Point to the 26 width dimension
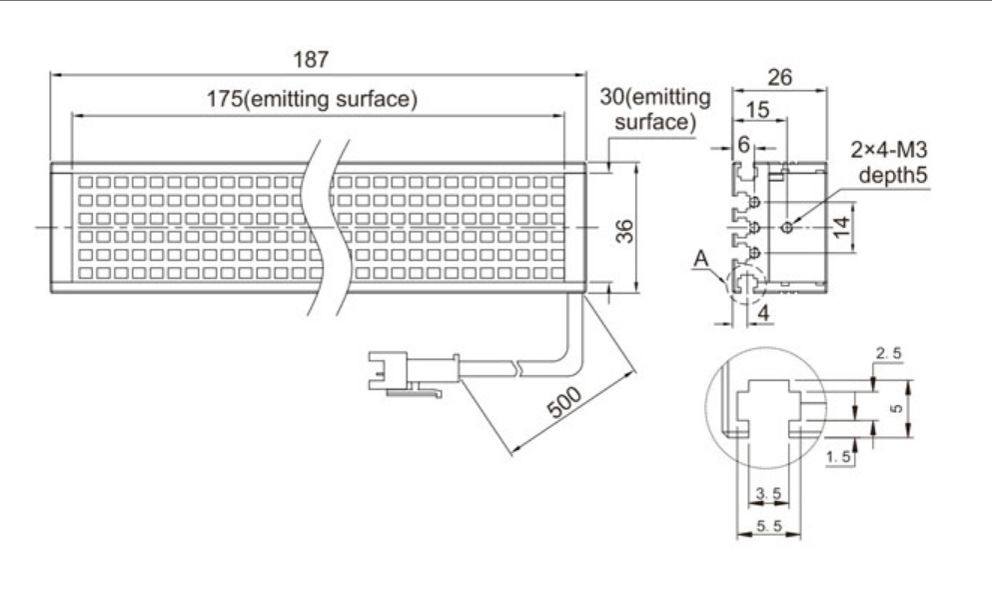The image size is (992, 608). coord(781,75)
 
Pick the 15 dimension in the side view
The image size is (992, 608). coord(759,111)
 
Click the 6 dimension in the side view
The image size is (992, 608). coord(744,144)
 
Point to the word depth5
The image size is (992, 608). coord(896,176)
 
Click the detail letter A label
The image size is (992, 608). coord(703,261)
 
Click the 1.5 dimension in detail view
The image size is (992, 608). coord(841,456)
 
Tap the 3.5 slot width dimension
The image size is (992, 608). coord(768,493)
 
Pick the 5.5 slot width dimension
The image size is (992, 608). coord(768,525)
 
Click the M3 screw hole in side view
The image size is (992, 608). coord(789,228)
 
